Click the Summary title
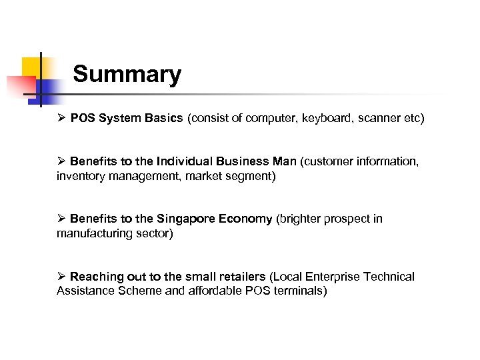pyautogui.click(x=127, y=74)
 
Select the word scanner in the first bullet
pyautogui.click(x=375, y=119)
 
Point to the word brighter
pyautogui.click(x=302, y=219)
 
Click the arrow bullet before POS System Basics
pyautogui.click(x=61, y=119)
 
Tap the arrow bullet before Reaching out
pyautogui.click(x=61, y=276)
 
